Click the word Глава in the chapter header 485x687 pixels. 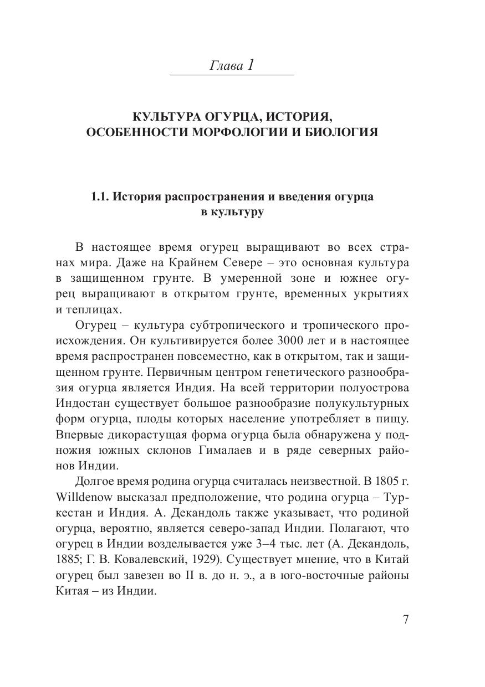point(226,66)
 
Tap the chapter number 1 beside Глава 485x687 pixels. point(251,65)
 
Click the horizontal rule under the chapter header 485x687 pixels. point(232,75)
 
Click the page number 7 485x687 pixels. point(406,619)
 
